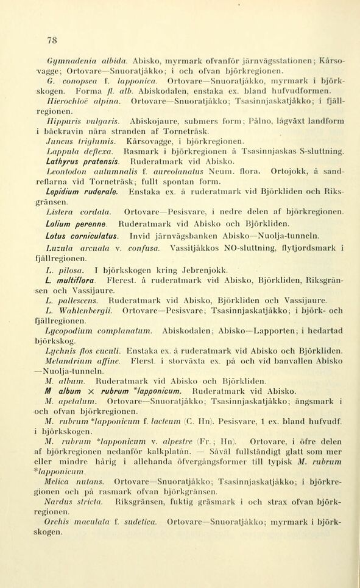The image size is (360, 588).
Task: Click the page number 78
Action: [x=51, y=41]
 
